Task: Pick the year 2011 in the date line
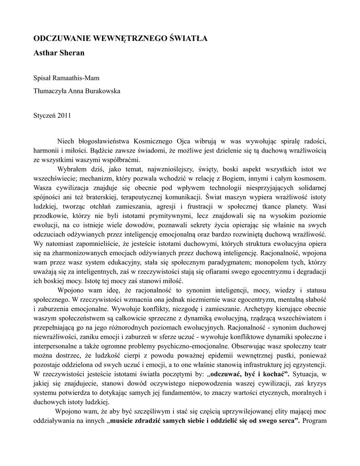tap(64, 115)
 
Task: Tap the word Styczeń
tap(45, 115)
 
